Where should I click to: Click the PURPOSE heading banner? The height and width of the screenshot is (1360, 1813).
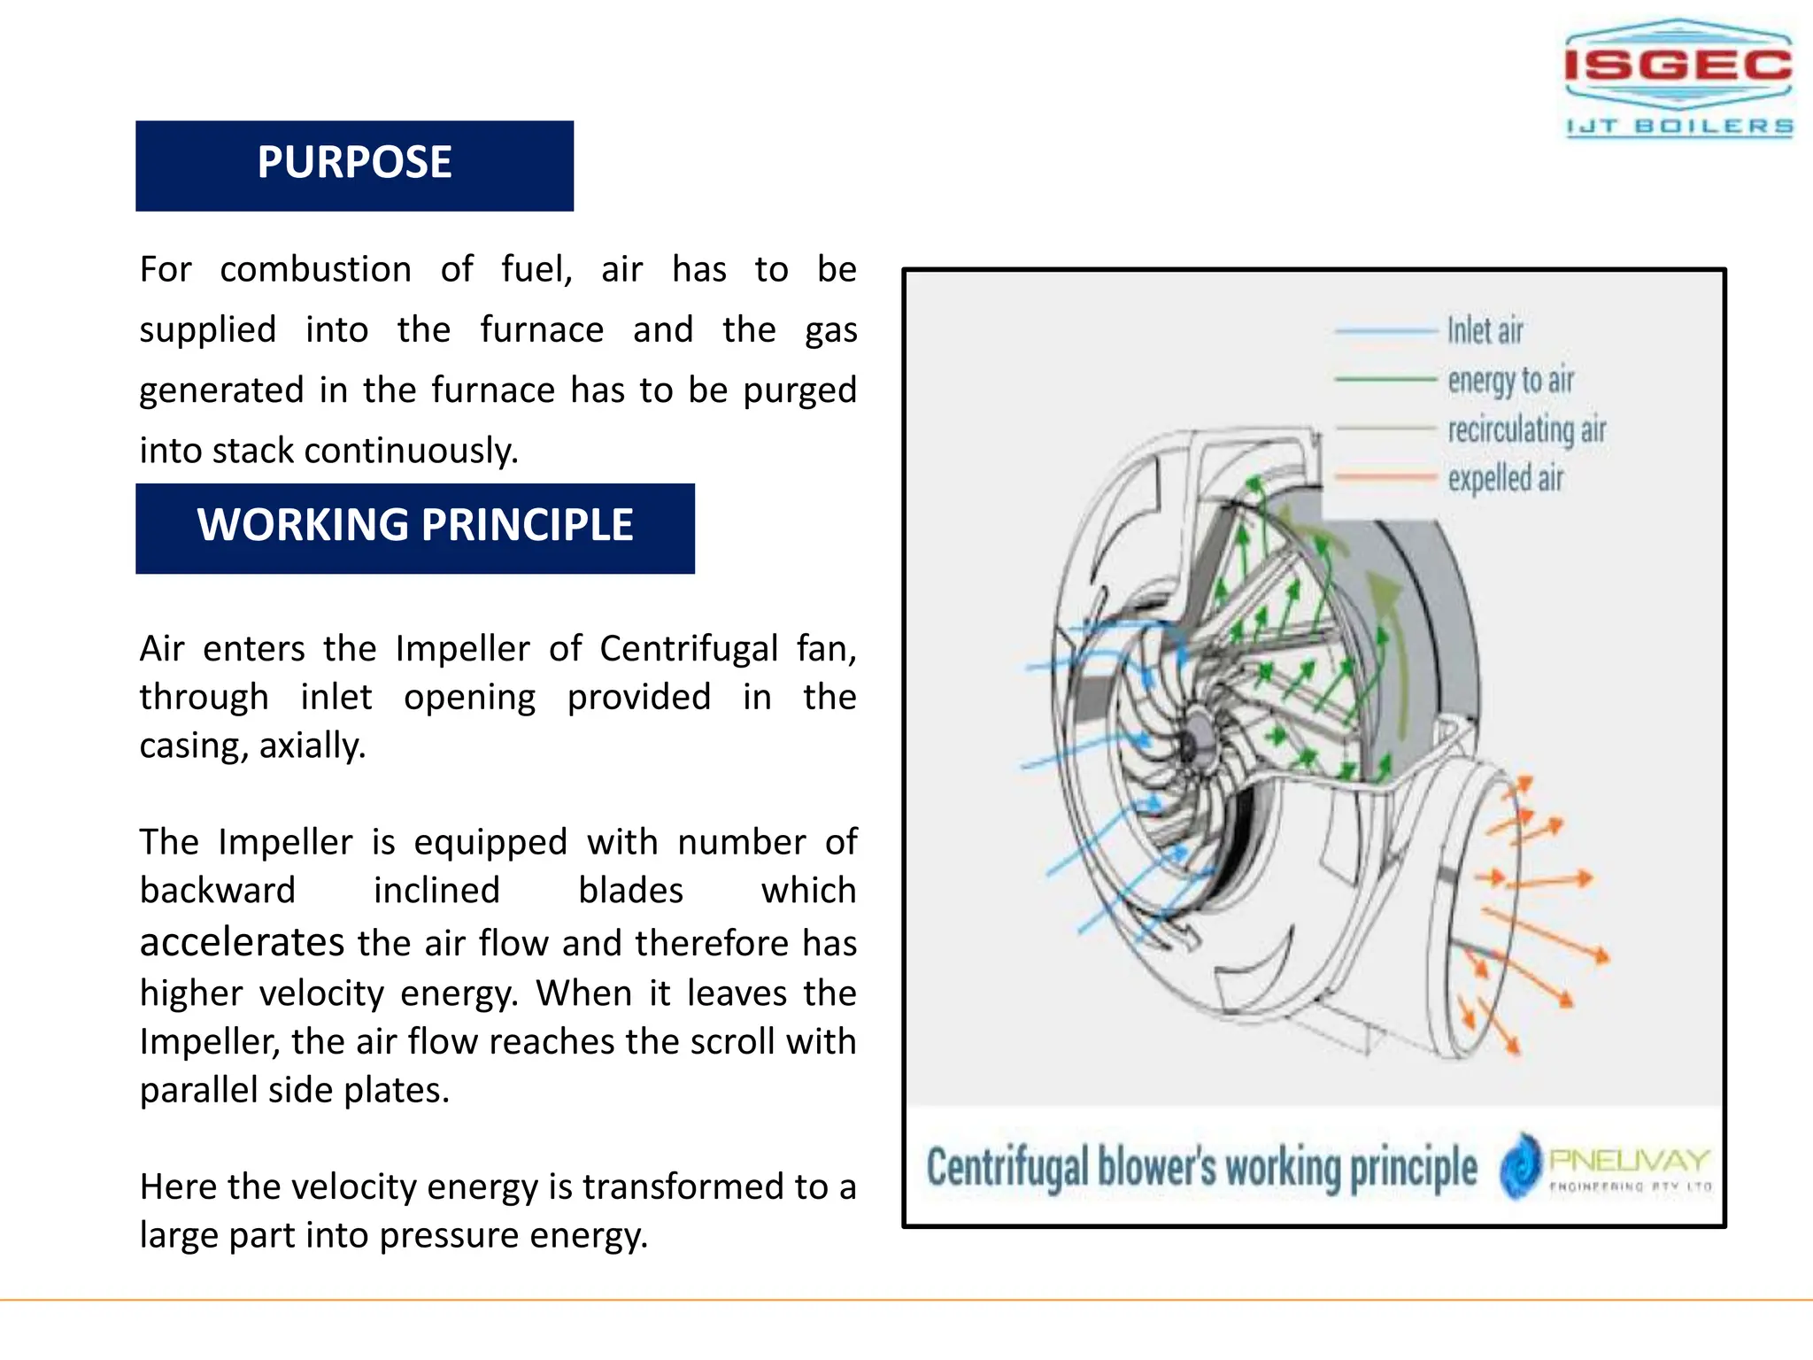tap(354, 166)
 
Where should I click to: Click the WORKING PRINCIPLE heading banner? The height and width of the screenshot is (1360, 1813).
tap(414, 528)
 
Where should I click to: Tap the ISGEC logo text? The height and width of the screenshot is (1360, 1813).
tap(1678, 66)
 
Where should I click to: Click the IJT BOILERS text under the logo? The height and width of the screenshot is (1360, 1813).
tap(1679, 127)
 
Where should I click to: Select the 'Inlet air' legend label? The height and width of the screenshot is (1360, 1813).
tap(1485, 330)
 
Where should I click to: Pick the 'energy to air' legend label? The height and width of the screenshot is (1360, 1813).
tap(1510, 380)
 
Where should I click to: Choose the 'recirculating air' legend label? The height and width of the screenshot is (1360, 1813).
tap(1526, 429)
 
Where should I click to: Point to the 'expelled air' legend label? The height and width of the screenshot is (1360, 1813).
tap(1505, 479)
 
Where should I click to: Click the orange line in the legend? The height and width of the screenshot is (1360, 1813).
tap(1385, 477)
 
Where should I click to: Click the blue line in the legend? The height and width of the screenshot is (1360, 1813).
tap(1385, 330)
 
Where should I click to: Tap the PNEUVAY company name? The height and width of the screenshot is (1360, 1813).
tap(1629, 1159)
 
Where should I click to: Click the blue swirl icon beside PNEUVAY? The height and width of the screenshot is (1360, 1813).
tap(1521, 1165)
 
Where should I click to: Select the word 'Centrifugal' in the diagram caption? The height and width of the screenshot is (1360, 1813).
tap(1007, 1167)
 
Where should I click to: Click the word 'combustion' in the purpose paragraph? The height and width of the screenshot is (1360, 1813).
tap(315, 269)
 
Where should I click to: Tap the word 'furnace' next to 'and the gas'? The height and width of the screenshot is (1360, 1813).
tap(542, 329)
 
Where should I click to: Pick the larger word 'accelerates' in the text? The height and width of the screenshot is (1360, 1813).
tap(242, 942)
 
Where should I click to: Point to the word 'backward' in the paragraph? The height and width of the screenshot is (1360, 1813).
tap(218, 891)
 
